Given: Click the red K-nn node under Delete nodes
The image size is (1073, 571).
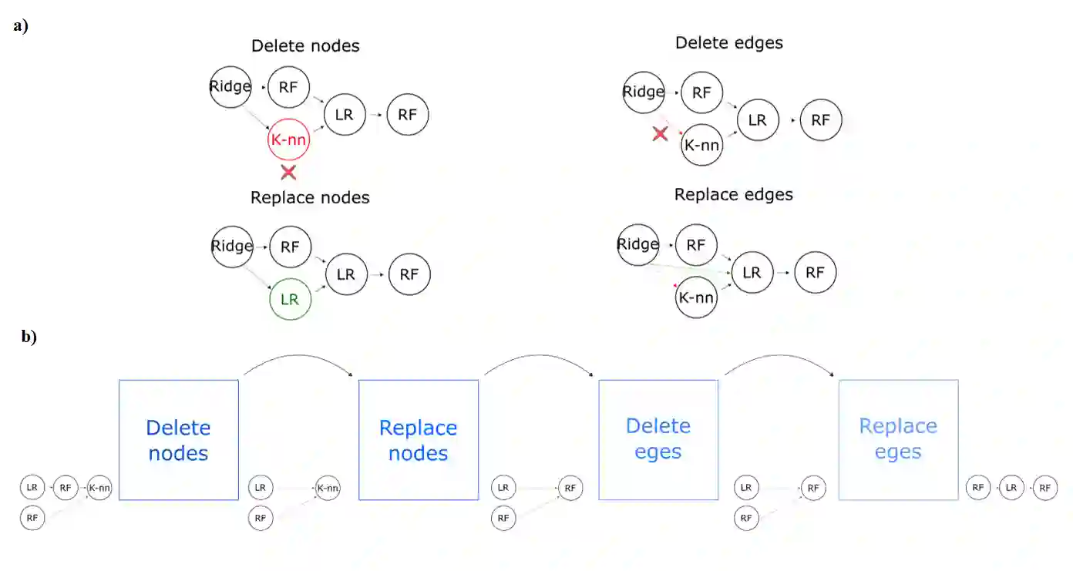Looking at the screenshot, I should pyautogui.click(x=288, y=140).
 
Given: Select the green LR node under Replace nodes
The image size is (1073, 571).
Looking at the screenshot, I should pyautogui.click(x=290, y=299).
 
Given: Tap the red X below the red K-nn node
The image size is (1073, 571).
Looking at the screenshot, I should pyautogui.click(x=288, y=171).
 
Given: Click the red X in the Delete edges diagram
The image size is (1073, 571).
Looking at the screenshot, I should pyautogui.click(x=660, y=134).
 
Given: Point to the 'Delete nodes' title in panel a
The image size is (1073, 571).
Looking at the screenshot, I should pyautogui.click(x=305, y=46).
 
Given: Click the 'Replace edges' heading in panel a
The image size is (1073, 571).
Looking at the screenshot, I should pyautogui.click(x=733, y=195).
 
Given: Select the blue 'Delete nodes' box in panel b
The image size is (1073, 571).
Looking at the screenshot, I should pyautogui.click(x=178, y=440).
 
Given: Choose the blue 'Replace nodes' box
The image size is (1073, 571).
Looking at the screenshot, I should pyautogui.click(x=419, y=440).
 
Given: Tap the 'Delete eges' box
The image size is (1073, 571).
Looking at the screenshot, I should pyautogui.click(x=658, y=440).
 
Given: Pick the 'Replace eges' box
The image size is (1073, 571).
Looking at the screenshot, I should pyautogui.click(x=898, y=440).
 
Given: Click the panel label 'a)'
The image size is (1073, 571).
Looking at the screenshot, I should pyautogui.click(x=21, y=25).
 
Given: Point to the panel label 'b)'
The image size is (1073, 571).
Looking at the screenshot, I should pyautogui.click(x=29, y=337).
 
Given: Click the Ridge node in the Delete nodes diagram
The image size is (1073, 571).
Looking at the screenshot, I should pyautogui.click(x=230, y=86).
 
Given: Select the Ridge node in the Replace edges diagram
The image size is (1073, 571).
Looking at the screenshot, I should pyautogui.click(x=638, y=244).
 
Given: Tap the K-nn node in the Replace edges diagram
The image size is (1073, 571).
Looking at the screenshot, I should pyautogui.click(x=696, y=297).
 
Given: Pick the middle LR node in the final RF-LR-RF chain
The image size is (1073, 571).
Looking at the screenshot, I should pyautogui.click(x=1011, y=488).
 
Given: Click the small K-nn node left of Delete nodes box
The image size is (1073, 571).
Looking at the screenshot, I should pyautogui.click(x=99, y=488).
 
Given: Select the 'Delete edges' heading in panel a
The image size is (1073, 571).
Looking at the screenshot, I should pyautogui.click(x=728, y=43).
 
